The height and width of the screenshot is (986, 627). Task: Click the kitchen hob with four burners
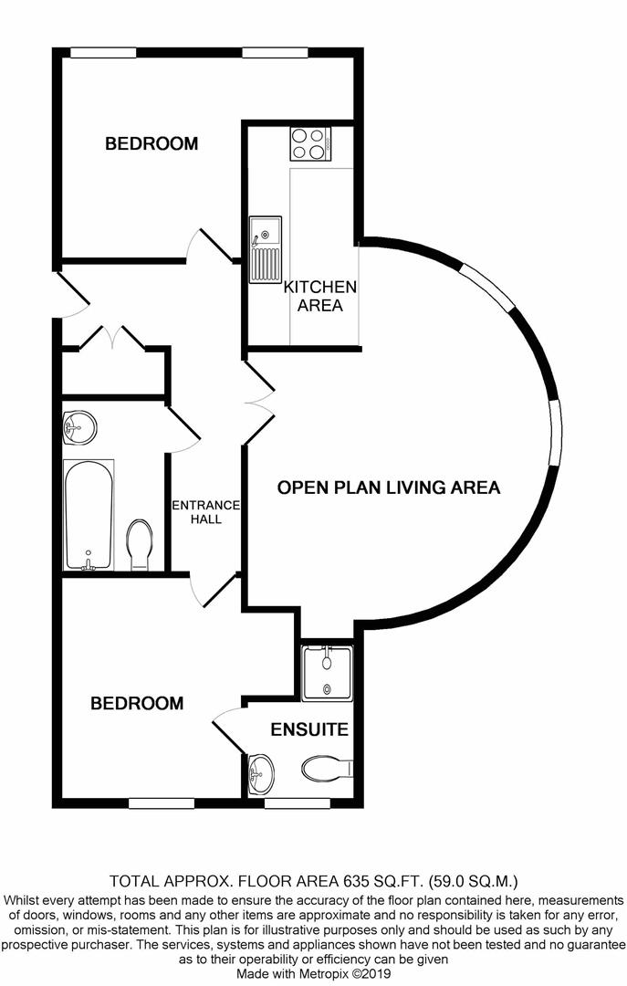(310, 143)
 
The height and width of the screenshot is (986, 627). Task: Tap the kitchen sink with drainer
(266, 249)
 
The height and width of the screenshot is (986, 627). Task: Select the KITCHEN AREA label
(320, 296)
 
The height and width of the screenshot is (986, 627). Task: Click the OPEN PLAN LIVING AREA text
(389, 488)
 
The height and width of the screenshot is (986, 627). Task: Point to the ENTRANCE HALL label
(206, 512)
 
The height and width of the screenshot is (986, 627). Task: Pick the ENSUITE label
(309, 729)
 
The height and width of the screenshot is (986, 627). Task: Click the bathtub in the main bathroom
(89, 515)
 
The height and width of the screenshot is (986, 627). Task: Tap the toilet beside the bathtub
(140, 544)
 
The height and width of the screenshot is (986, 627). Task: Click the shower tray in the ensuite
(327, 673)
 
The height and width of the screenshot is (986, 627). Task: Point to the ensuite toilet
(327, 769)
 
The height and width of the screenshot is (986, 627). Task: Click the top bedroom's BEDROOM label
(152, 143)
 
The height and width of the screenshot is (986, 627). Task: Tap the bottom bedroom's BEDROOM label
(137, 703)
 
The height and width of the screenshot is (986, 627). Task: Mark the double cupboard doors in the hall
(112, 336)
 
